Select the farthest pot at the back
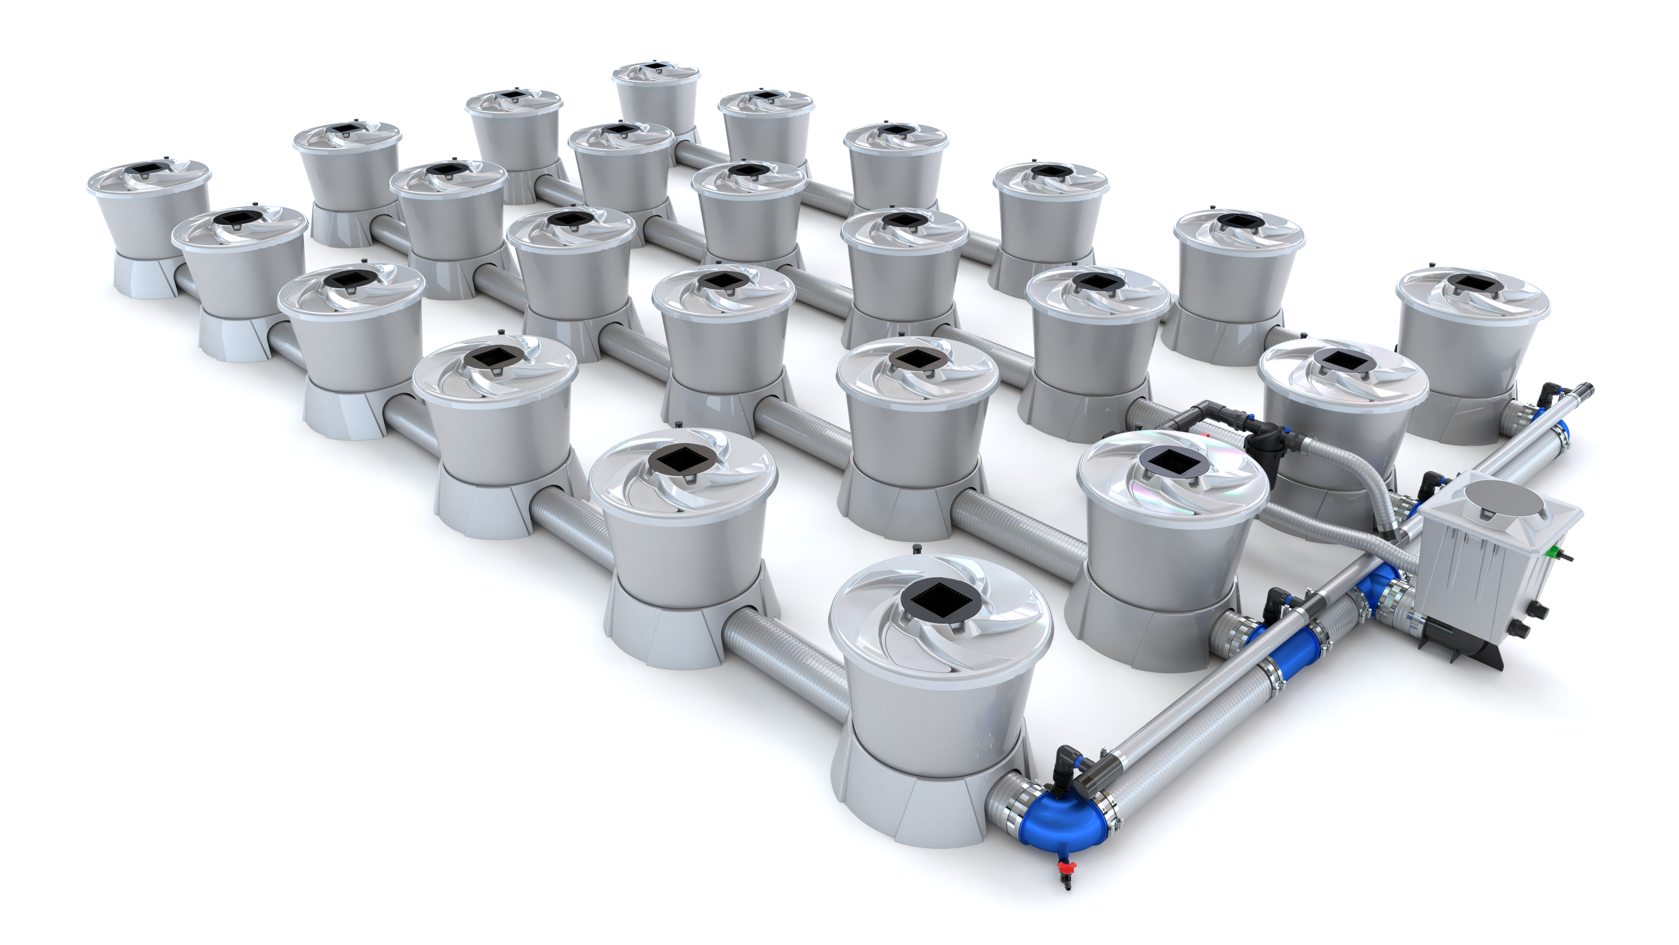click(656, 98)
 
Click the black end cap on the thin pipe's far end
click(1588, 390)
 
